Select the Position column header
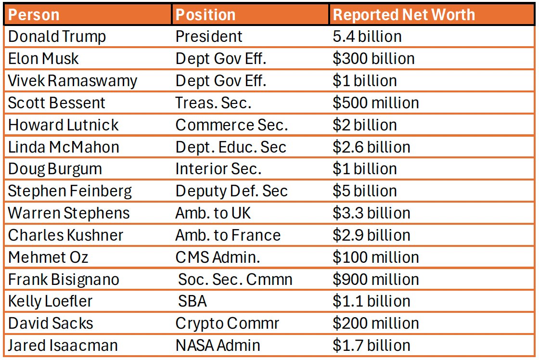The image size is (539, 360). (x=205, y=14)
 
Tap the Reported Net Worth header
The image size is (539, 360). (x=404, y=14)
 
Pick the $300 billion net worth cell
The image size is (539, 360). (x=373, y=59)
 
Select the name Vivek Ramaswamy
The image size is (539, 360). (x=73, y=81)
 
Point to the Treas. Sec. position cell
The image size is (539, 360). (x=213, y=103)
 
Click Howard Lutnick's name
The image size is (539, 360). (x=63, y=125)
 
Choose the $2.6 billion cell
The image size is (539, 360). (x=372, y=147)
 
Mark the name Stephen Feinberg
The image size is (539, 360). (x=70, y=191)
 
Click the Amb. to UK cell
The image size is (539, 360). (x=213, y=213)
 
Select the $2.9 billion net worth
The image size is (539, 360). (x=372, y=235)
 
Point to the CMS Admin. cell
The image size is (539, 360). (x=218, y=257)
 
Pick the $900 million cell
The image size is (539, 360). (x=375, y=280)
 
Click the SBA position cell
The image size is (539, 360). (x=192, y=301)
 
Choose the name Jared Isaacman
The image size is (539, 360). (x=63, y=346)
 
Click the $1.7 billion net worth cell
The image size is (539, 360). (x=372, y=346)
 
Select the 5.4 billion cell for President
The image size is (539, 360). (x=367, y=37)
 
